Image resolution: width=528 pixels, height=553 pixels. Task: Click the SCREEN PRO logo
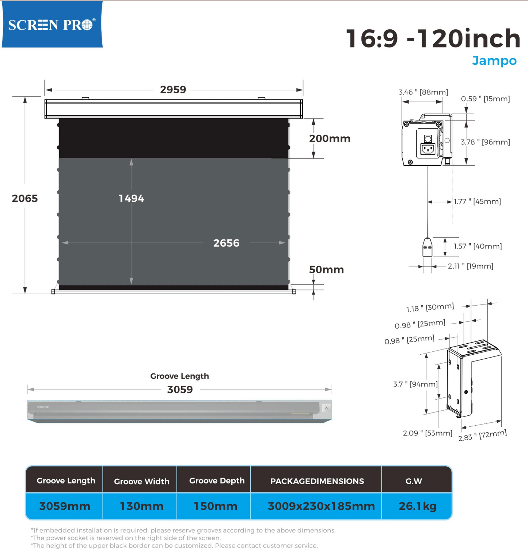(x=52, y=24)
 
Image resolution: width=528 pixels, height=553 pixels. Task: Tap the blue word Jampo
(x=494, y=60)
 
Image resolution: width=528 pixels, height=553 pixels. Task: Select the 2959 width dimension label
(x=173, y=89)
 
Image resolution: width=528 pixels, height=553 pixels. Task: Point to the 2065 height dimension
(x=25, y=198)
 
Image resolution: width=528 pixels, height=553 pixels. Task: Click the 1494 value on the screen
(x=131, y=198)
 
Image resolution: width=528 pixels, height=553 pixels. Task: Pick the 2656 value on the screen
(x=226, y=243)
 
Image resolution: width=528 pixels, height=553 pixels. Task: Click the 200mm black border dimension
(x=330, y=138)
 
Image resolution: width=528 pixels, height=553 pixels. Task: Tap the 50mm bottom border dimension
(x=326, y=270)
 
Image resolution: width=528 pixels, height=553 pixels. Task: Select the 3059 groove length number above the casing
(x=180, y=389)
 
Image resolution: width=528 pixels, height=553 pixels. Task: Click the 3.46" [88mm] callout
(x=423, y=92)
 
